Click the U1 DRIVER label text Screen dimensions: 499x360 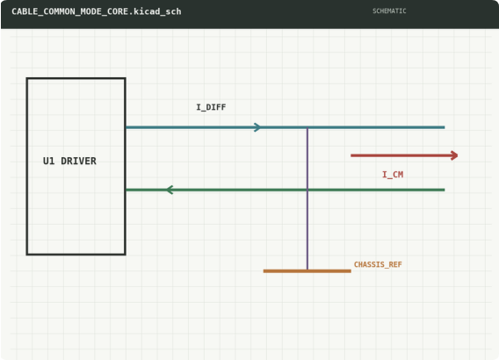tap(69, 161)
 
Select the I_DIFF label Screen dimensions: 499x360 tap(211, 107)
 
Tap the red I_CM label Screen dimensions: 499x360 tap(393, 175)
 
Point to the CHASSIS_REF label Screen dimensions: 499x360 tap(378, 264)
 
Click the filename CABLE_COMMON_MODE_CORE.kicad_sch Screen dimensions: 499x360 tap(97, 11)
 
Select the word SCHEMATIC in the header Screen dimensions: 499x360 tap(389, 11)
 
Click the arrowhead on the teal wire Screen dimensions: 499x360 tap(257, 127)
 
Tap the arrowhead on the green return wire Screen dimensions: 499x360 tap(170, 190)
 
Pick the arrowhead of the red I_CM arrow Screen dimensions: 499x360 tap(454, 155)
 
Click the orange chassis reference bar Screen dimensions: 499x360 tap(307, 271)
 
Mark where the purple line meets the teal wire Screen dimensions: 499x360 tap(307, 127)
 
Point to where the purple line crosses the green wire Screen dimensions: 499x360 tap(307, 190)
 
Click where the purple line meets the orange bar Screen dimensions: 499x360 tap(307, 270)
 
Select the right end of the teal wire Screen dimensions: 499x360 tap(445, 127)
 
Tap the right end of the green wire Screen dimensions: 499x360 tap(445, 190)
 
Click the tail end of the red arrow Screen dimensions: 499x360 tap(351, 155)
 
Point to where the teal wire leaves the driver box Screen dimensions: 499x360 tap(126, 127)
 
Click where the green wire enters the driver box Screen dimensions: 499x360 tap(126, 190)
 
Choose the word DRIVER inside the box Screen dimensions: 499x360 tap(78, 161)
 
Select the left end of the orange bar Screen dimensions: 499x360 tap(264, 271)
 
